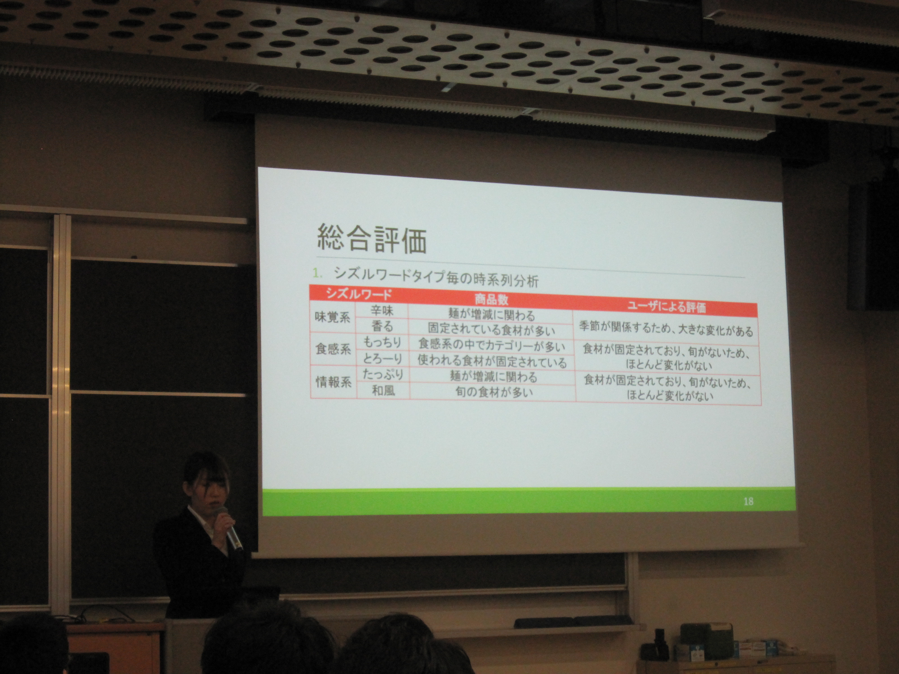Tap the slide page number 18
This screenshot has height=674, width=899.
coord(748,501)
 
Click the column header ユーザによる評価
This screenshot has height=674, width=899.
coord(669,308)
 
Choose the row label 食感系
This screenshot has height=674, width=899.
coord(333,349)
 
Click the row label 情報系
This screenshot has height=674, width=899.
coord(334,382)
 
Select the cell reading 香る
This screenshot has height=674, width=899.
coord(383,326)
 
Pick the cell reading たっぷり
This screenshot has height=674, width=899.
coord(383,374)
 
